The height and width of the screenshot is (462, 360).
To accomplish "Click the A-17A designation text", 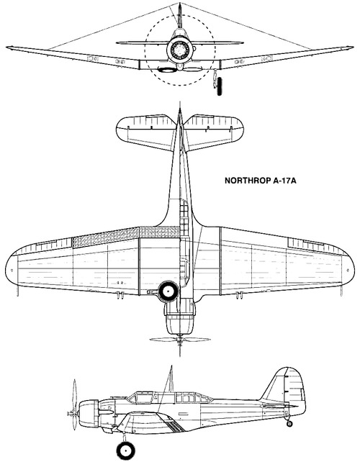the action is click(284, 181).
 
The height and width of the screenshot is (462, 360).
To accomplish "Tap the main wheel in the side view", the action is click(125, 450).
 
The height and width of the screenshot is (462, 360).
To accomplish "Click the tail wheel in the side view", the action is click(289, 424).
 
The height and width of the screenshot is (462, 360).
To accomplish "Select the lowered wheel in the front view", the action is click(219, 86).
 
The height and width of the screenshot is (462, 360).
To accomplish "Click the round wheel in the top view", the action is click(168, 291).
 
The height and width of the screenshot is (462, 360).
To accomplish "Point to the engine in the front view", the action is click(180, 49).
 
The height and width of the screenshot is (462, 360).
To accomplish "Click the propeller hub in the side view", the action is click(71, 413).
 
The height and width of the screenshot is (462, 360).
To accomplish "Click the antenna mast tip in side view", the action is click(171, 366).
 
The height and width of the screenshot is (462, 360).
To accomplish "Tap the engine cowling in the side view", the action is click(89, 413).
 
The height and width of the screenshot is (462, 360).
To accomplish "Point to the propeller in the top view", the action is click(180, 340).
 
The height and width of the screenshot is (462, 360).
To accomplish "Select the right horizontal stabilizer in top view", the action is click(214, 132).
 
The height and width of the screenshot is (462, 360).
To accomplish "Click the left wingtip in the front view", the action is click(8, 47).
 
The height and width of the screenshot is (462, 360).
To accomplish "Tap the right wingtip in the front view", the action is click(351, 47).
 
